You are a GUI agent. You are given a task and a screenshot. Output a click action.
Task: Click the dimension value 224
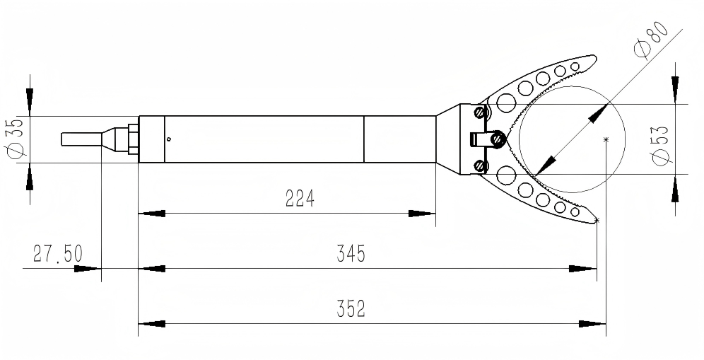tap(300, 199)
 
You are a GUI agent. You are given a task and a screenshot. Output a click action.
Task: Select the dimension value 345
tap(351, 254)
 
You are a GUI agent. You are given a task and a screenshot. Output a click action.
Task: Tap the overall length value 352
tap(351, 309)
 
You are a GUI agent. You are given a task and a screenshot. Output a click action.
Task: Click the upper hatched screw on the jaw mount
tap(481, 112)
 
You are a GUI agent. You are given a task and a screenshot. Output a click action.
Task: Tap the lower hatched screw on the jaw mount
tap(481, 166)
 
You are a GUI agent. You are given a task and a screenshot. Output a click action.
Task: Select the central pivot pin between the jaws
tap(499, 139)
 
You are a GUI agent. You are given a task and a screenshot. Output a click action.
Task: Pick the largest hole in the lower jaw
tap(506, 175)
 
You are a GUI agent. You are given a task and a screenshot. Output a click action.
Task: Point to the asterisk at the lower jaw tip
tap(597, 221)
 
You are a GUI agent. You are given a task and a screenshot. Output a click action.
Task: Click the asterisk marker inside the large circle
tap(606, 139)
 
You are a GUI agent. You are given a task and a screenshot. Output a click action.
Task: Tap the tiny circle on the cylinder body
tap(168, 139)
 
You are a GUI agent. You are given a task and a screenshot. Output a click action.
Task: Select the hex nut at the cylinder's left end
tap(131, 139)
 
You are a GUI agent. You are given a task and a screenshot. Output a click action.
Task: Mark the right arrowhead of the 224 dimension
tap(423, 213)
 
